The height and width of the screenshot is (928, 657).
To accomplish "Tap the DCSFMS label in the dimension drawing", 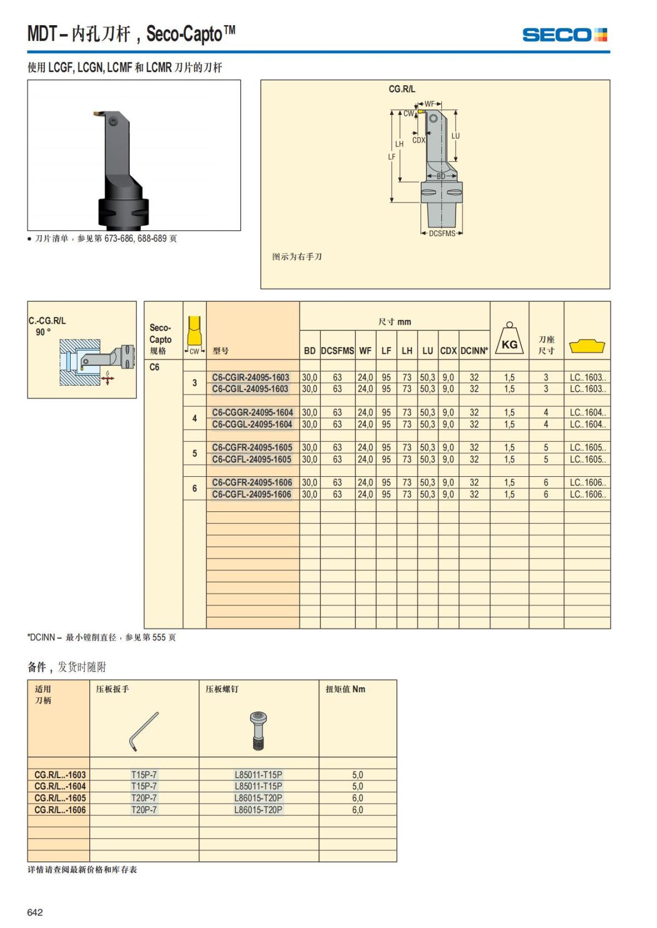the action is pyautogui.click(x=442, y=234).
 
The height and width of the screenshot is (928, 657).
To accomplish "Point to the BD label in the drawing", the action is pyautogui.click(x=441, y=176).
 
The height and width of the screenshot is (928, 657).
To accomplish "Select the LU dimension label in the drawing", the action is pyautogui.click(x=456, y=136).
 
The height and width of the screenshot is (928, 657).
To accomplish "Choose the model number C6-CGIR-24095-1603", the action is pyautogui.click(x=251, y=377).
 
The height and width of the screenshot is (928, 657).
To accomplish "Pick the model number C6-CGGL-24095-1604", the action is pyautogui.click(x=252, y=424).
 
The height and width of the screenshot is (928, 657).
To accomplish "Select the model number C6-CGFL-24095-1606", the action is pyautogui.click(x=251, y=494).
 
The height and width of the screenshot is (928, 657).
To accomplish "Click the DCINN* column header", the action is pyautogui.click(x=474, y=351).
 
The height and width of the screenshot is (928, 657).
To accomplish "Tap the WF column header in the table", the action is pyautogui.click(x=365, y=351).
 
